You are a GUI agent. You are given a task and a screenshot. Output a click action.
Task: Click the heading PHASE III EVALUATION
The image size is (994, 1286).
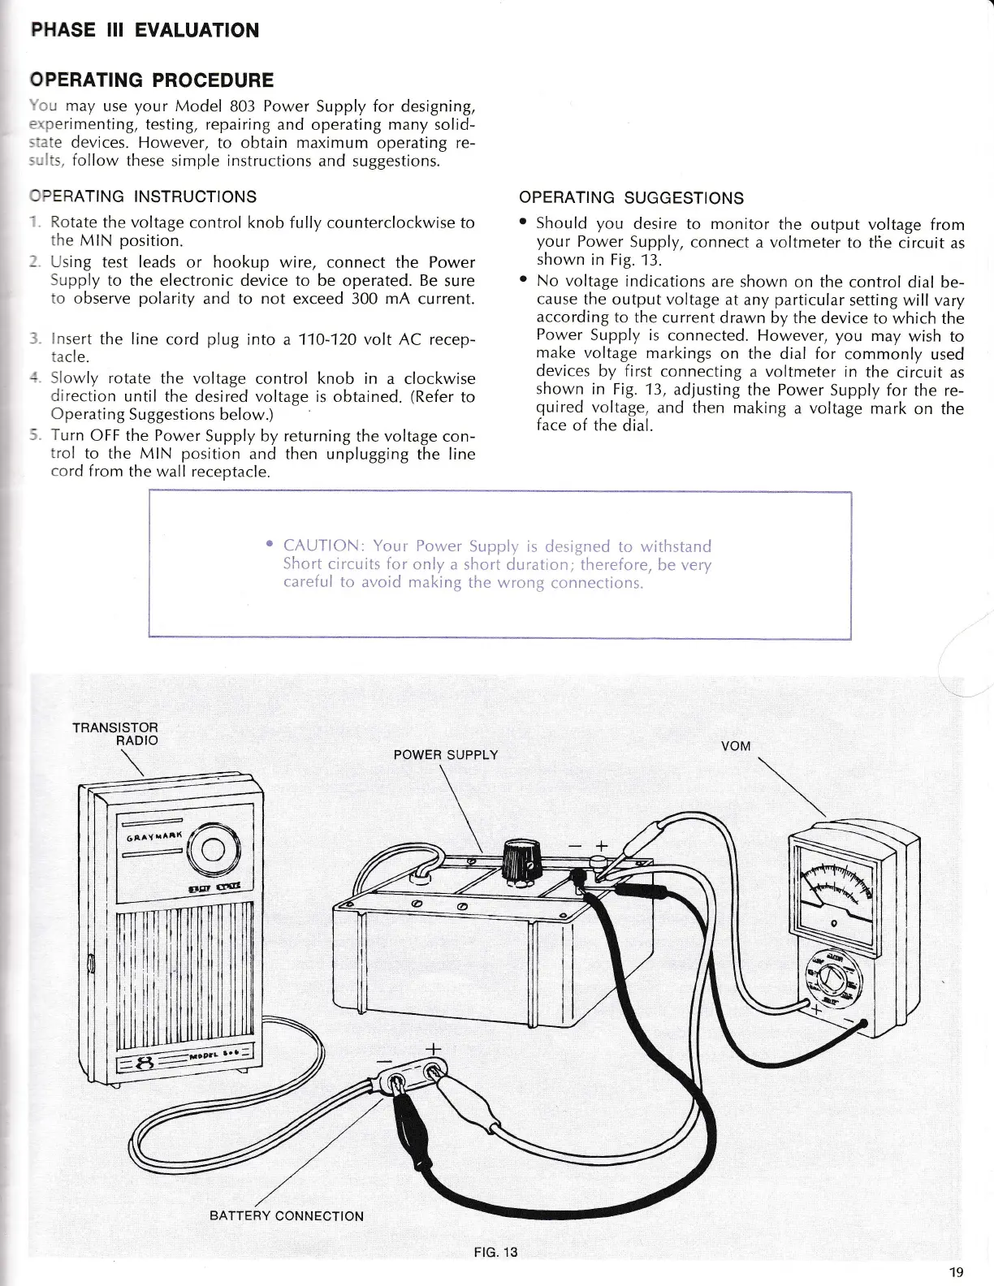point(145,31)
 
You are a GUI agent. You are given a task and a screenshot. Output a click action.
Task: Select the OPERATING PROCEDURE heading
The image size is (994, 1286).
point(152,80)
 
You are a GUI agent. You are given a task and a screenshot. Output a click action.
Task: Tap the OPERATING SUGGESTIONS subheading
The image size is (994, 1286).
point(630,198)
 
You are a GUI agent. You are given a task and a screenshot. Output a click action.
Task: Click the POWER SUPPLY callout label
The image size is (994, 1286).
point(445,755)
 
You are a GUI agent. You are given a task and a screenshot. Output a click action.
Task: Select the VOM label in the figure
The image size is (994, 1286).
point(735,746)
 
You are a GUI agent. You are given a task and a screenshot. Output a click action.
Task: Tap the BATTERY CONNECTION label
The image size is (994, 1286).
point(286,1215)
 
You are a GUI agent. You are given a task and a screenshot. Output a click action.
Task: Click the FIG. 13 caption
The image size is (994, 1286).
point(495,1251)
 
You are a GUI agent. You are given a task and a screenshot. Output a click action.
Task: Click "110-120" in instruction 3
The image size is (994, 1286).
point(329,339)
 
